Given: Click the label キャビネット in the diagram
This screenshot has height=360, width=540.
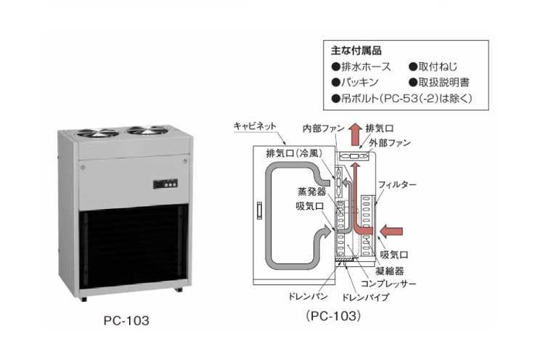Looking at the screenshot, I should [x=254, y=126].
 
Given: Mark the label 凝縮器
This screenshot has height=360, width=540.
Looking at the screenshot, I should [x=395, y=269].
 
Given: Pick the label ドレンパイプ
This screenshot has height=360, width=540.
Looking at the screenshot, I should [x=364, y=298].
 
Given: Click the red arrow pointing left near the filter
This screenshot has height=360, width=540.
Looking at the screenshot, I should [x=390, y=232].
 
